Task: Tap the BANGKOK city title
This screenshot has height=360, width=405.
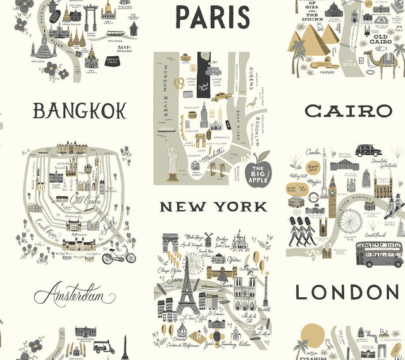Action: pos(80,111)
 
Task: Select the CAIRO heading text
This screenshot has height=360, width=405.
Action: pos(349,111)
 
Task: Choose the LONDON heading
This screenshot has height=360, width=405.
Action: pos(348,292)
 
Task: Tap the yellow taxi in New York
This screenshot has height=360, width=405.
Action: pos(220,96)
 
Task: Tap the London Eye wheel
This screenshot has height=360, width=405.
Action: pos(351,220)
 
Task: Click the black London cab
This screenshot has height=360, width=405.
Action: pos(368,150)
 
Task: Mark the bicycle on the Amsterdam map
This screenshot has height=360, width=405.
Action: pos(118,255)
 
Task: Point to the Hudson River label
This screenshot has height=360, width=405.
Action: pos(165,89)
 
